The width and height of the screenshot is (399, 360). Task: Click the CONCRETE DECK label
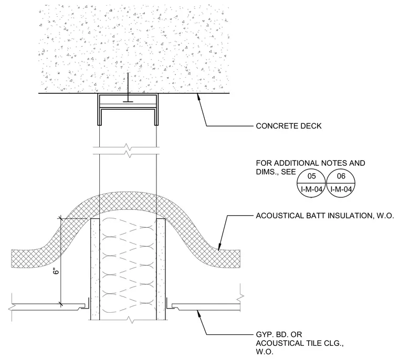pos(289,126)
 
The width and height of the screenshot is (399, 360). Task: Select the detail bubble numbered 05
pos(311,183)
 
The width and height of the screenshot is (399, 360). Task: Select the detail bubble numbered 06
pos(341,183)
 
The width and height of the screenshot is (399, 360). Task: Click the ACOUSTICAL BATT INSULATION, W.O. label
pos(325,216)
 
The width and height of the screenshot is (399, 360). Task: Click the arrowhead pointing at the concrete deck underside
pos(198,97)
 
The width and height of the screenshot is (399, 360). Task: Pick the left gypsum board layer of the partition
pos(95,269)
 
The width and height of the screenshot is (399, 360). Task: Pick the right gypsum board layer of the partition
pos(161,269)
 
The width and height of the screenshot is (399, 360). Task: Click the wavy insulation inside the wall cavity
pos(128,266)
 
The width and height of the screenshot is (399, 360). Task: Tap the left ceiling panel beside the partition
pos(48,307)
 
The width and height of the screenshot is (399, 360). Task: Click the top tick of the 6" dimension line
pos(61,218)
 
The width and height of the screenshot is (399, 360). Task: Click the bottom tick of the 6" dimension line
pos(61,303)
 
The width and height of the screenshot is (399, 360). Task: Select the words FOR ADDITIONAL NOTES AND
pos(310,163)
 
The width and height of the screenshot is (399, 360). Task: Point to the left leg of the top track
pos(100,110)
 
